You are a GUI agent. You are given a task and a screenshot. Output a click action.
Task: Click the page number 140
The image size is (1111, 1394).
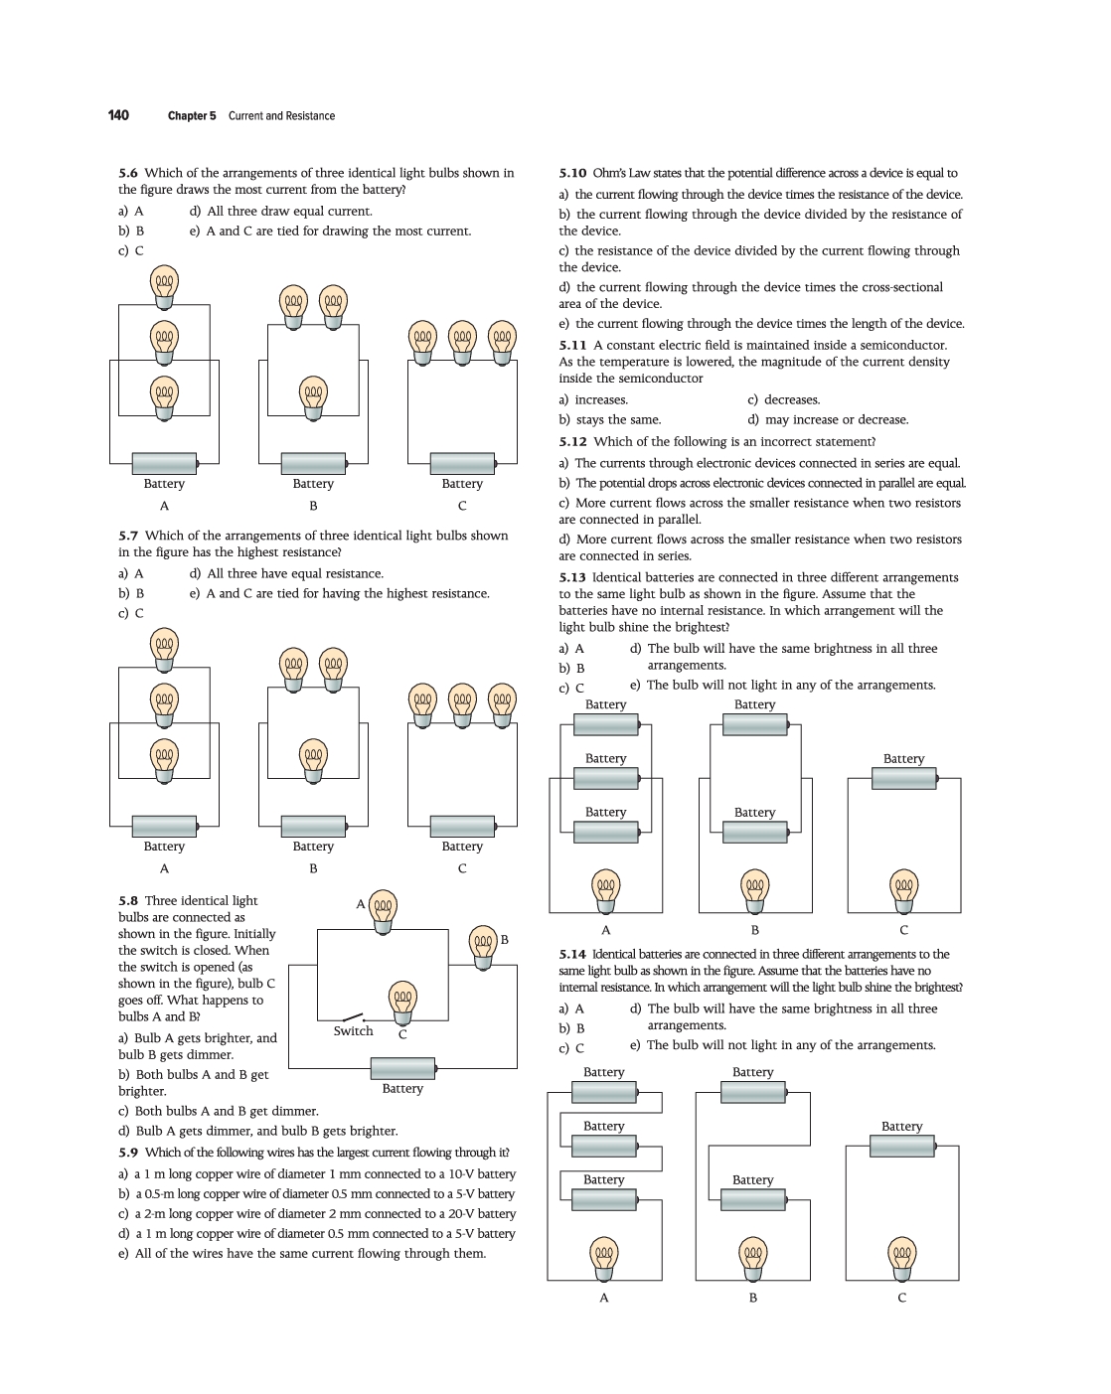tap(118, 115)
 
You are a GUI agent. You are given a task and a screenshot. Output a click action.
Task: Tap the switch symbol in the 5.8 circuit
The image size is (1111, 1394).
tap(352, 1017)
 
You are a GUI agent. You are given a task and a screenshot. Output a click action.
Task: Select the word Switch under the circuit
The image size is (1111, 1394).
tap(353, 1031)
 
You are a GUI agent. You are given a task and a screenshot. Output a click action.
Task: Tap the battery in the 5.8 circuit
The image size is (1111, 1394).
tap(402, 1068)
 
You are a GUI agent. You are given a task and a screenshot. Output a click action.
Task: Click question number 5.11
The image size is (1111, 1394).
tap(572, 345)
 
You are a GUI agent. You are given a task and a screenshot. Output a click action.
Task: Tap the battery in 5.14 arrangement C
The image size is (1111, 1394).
tap(901, 1146)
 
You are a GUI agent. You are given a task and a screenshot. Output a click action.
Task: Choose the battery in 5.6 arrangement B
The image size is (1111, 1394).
tap(313, 463)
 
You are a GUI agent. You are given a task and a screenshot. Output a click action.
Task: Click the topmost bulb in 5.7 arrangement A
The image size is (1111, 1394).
tap(164, 648)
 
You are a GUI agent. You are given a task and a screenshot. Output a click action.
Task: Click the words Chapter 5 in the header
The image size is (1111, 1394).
tap(191, 116)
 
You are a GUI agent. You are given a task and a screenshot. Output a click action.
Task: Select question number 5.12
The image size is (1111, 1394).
tap(572, 441)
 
